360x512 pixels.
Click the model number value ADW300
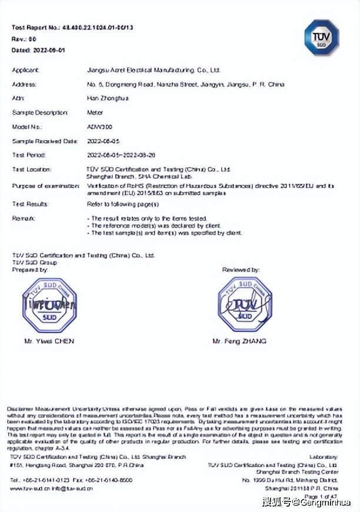[96, 127]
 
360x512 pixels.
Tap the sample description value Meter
[94, 112]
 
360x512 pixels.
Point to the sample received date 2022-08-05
[102, 141]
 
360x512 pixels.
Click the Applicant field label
[25, 70]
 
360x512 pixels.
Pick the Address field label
[24, 84]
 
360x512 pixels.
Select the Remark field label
[24, 218]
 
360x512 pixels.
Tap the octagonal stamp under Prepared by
[50, 305]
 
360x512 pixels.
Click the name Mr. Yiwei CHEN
[49, 341]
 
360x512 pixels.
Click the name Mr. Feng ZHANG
[239, 341]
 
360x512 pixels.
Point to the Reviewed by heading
[241, 270]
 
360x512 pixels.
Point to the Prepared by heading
[30, 270]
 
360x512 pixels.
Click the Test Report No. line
[72, 28]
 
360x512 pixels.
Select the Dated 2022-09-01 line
[38, 50]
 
